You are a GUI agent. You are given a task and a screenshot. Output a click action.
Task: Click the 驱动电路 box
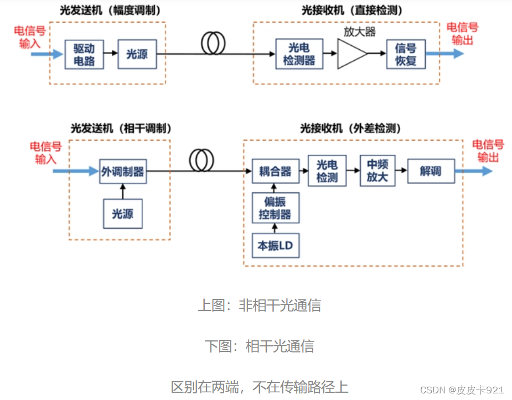[84, 54]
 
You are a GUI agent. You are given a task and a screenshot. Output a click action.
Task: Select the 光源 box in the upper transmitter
[137, 54]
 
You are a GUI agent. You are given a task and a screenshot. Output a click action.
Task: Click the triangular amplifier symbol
[351, 54]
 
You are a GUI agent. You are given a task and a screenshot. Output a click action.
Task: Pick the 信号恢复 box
[406, 54]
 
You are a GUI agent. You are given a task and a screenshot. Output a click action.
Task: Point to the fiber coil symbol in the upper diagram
[213, 44]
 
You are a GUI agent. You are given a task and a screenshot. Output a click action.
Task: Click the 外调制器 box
[122, 172]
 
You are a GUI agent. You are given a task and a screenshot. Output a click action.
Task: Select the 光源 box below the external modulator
[122, 213]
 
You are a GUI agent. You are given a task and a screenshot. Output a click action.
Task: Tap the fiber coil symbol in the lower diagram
[201, 161]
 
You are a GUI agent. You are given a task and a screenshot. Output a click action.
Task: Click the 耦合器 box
[275, 171]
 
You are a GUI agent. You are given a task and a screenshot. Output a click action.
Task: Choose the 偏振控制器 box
[275, 208]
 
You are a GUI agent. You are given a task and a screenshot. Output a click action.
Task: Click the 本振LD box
[275, 245]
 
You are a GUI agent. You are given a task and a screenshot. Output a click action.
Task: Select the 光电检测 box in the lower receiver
[327, 171]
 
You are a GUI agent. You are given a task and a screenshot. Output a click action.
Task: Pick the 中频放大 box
[377, 171]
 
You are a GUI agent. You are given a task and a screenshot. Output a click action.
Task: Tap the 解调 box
[430, 171]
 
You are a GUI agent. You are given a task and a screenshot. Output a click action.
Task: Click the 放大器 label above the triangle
[359, 31]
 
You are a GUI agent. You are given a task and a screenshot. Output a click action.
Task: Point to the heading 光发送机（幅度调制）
[107, 10]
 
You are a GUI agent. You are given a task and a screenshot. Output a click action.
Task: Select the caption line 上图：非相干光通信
[259, 305]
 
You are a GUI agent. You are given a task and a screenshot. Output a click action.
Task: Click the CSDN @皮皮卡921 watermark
[462, 390]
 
